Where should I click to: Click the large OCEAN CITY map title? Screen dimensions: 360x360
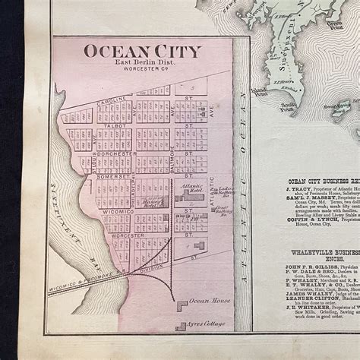pos(142,52)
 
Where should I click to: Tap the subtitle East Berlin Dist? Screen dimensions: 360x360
pos(142,66)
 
